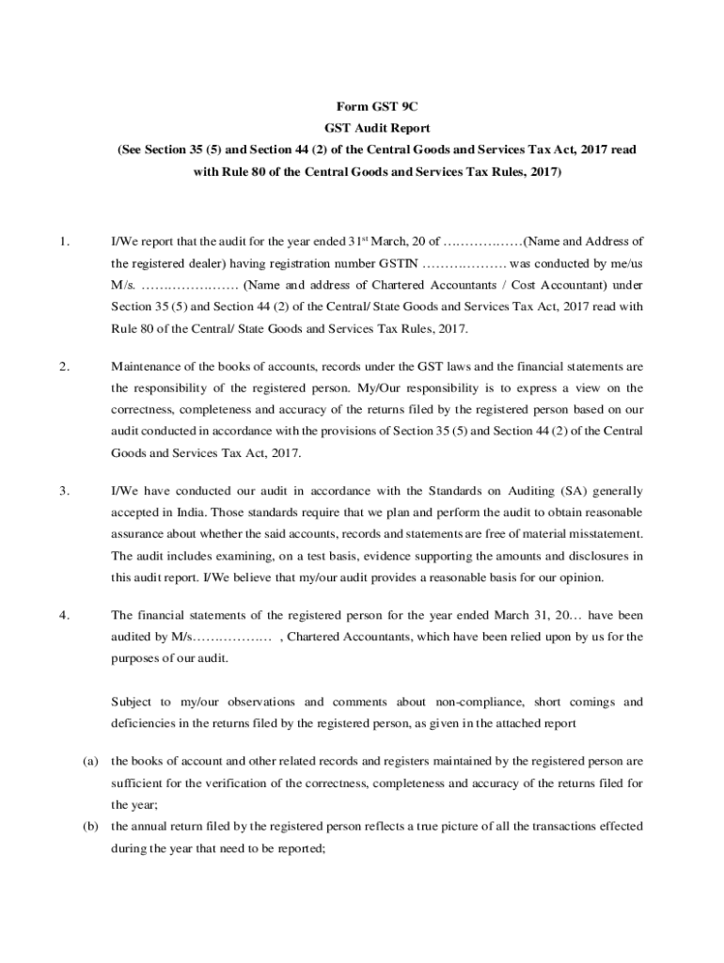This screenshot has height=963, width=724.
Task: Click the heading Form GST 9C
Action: pos(363,108)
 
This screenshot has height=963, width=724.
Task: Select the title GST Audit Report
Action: pos(363,129)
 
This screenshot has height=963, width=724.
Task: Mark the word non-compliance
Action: pos(476,703)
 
